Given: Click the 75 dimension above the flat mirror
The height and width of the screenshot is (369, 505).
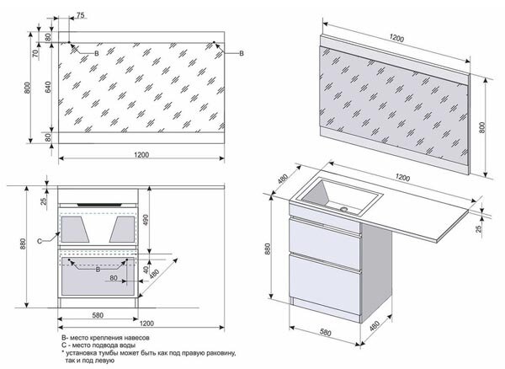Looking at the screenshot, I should (x=79, y=15).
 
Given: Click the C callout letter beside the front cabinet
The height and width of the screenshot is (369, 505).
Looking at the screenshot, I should (x=40, y=241).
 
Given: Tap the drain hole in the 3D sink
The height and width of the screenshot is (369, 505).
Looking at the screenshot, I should (x=343, y=206).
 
